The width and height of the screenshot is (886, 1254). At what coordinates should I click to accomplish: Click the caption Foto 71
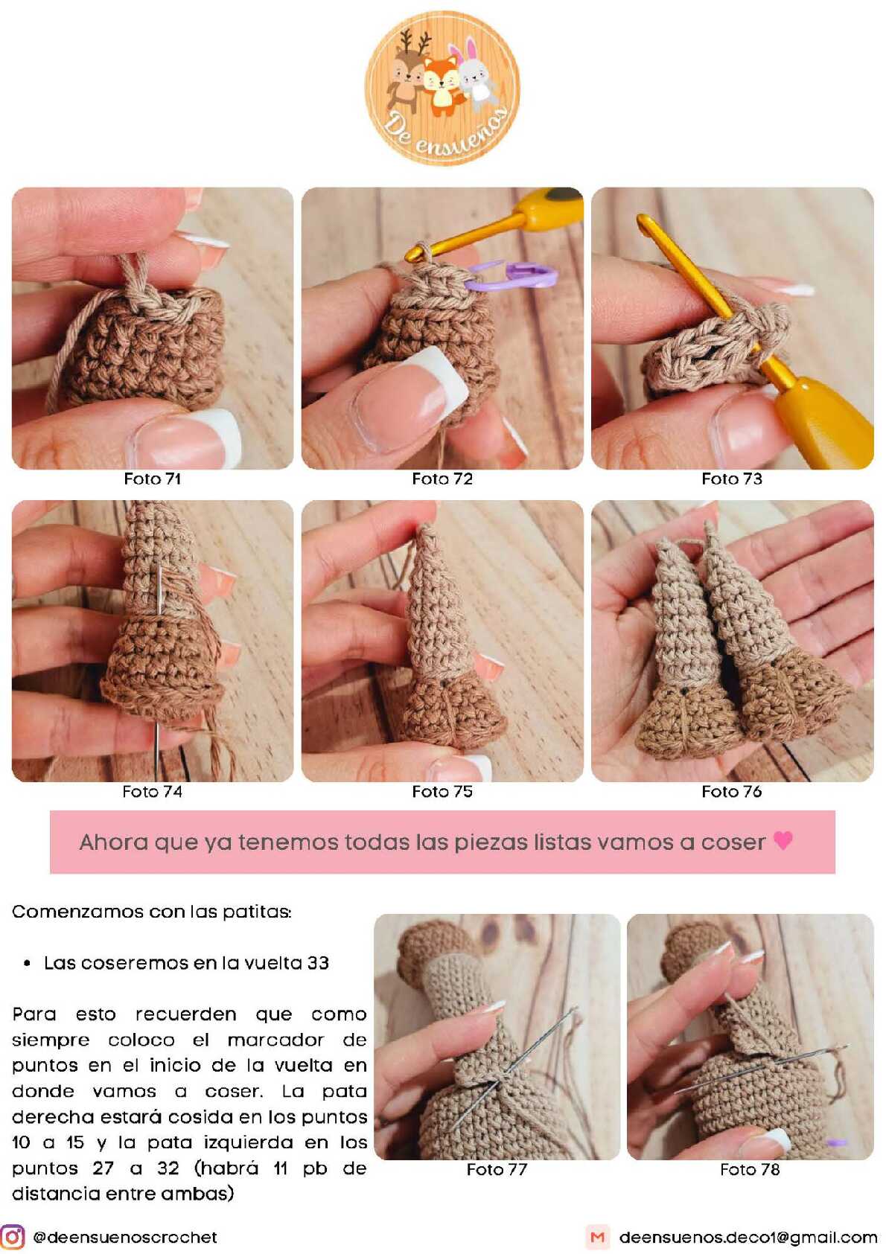click(153, 479)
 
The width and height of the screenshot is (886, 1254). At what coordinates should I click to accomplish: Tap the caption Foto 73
click(732, 479)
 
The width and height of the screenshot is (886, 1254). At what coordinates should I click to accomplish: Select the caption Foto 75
click(442, 792)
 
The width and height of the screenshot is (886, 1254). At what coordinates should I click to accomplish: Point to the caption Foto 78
click(750, 1169)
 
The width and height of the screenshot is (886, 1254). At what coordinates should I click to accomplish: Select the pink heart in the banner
click(783, 839)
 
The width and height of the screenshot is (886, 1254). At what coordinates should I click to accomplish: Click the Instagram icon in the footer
click(13, 1237)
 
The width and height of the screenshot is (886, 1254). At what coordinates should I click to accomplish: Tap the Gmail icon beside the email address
click(598, 1237)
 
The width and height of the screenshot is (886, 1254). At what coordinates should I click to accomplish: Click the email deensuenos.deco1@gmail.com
click(748, 1237)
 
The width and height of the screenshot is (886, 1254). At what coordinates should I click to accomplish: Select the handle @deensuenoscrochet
click(125, 1237)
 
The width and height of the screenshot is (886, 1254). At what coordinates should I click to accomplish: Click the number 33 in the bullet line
click(318, 963)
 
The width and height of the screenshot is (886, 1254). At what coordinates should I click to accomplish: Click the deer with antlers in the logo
click(408, 70)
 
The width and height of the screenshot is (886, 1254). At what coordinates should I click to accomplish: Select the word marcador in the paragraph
click(275, 1040)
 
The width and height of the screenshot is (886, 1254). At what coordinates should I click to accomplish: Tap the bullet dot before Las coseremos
click(27, 964)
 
